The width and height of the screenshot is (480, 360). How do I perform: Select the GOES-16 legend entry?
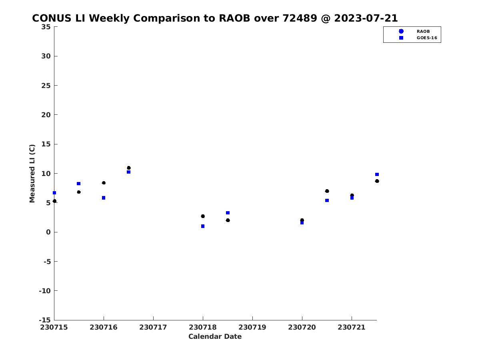(418, 38)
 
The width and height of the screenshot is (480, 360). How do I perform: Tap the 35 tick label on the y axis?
(46, 27)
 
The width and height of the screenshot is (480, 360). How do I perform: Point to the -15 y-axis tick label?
(45, 320)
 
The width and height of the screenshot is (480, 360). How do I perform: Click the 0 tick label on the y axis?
(48, 232)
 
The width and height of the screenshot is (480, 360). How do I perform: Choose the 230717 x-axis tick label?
(153, 327)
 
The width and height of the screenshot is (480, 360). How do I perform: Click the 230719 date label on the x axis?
(252, 327)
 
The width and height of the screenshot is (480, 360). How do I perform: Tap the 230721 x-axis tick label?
(352, 327)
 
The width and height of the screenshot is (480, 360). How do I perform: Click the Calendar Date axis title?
(215, 336)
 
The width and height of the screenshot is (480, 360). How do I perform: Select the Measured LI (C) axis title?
(32, 174)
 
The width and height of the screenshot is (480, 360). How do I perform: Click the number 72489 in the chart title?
(300, 18)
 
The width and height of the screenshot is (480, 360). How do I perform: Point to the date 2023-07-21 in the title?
(366, 18)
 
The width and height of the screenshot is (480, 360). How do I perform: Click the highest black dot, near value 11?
(128, 168)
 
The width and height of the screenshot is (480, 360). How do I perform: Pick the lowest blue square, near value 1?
(203, 226)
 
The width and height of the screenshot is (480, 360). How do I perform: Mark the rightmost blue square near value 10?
(377, 174)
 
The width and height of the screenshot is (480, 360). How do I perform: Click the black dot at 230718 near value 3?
(203, 216)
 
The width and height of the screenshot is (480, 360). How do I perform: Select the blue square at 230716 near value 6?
(104, 198)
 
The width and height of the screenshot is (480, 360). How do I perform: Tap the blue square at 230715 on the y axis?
(54, 193)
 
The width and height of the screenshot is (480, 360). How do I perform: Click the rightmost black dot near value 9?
(377, 181)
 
